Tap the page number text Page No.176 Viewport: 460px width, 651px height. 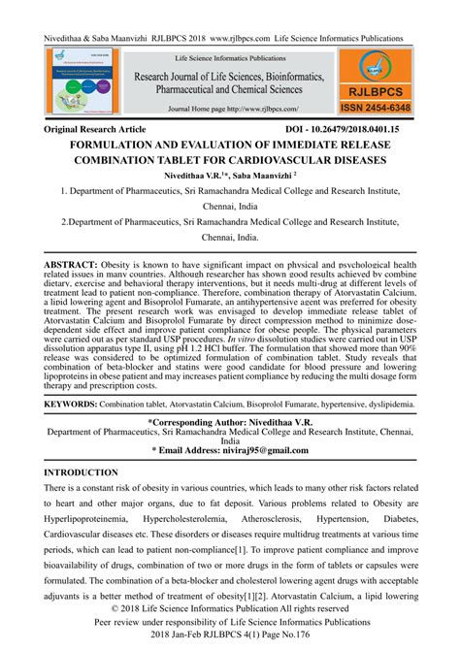click(296, 642)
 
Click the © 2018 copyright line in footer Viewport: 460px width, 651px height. click(229, 611)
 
